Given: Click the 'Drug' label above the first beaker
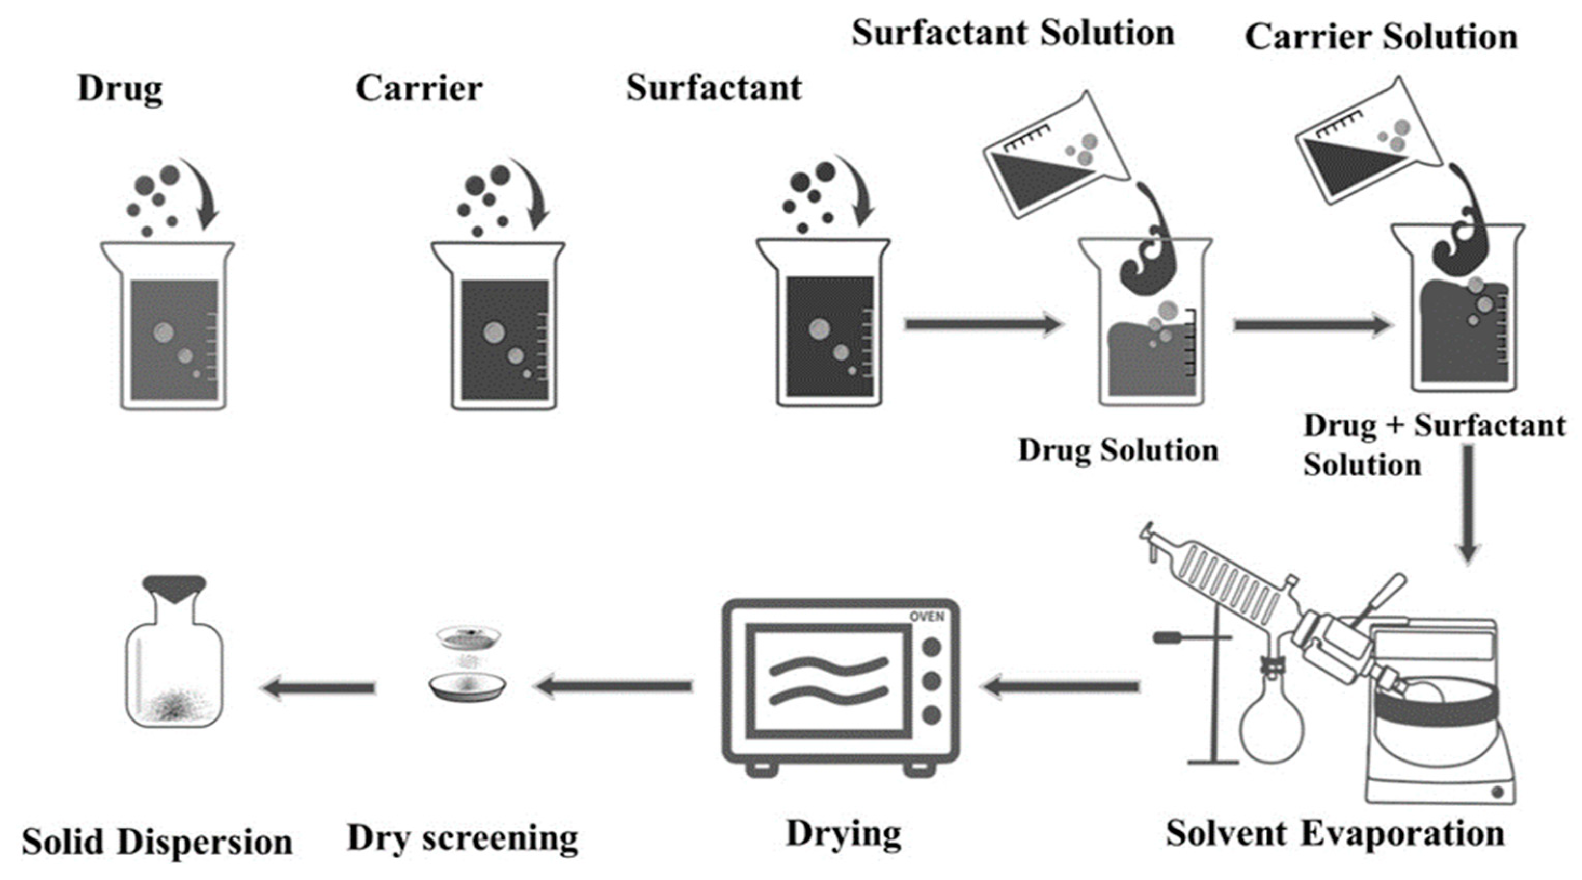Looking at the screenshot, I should (120, 90).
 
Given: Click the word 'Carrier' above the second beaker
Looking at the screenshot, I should (419, 89).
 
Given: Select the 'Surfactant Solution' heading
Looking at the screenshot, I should (1013, 33).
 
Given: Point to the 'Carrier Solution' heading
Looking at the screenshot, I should (1381, 37).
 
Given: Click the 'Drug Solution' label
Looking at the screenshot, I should (1118, 450).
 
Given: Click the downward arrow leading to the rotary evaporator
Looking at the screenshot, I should (1468, 504).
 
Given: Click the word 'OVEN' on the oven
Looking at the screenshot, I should (927, 617).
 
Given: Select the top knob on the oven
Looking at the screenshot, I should (931, 646).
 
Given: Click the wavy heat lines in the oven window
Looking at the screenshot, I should (829, 679).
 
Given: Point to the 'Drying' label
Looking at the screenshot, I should (844, 834).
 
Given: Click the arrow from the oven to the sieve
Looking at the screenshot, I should (614, 686).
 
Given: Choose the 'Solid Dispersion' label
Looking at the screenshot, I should (157, 842).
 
